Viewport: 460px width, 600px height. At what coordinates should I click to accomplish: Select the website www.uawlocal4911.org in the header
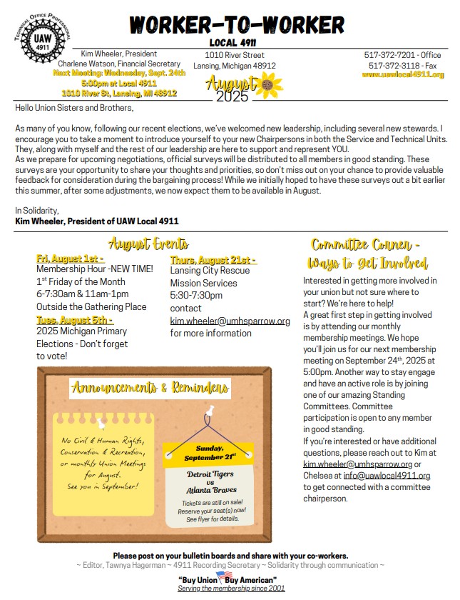click(x=403, y=74)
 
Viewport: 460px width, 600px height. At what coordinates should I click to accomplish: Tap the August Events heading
click(x=148, y=244)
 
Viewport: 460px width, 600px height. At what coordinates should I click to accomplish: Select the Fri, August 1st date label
click(x=70, y=259)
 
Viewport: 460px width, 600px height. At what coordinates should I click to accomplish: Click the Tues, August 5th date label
click(x=74, y=319)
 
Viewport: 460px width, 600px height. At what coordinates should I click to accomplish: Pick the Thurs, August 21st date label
click(x=214, y=259)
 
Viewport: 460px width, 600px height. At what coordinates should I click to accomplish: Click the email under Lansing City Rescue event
click(x=230, y=321)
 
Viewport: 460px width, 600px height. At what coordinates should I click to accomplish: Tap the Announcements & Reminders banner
click(x=150, y=389)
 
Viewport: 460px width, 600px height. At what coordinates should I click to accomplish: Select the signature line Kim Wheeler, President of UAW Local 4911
click(x=96, y=221)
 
